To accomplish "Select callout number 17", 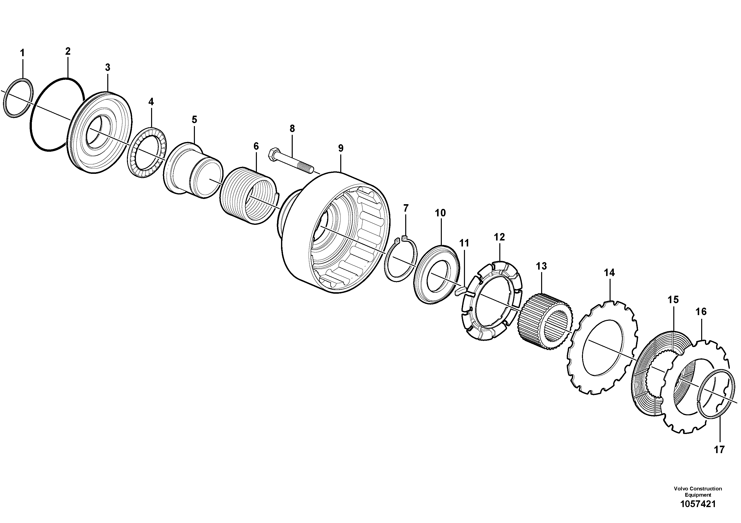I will tap(719, 449).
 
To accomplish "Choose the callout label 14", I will tap(609, 273).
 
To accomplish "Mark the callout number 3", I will tap(108, 67).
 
